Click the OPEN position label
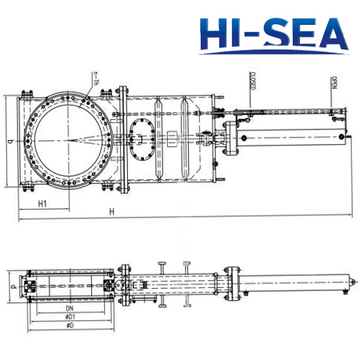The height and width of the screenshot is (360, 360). click(x=332, y=82)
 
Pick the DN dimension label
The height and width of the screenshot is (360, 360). click(x=70, y=309)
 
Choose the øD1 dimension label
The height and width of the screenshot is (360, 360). click(x=70, y=318)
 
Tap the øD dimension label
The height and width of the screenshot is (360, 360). click(x=70, y=326)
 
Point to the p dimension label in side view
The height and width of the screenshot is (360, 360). click(x=11, y=282)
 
